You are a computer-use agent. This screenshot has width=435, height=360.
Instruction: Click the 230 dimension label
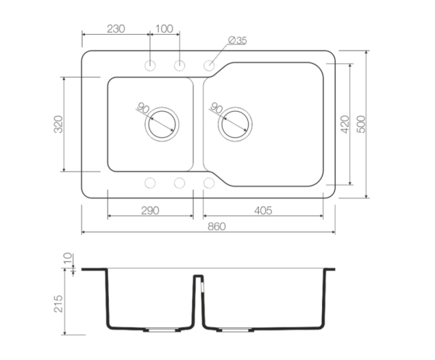tap(116, 28)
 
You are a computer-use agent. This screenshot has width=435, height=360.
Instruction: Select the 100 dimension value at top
tap(165, 28)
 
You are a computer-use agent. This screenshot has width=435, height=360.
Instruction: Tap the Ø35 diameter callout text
tap(237, 40)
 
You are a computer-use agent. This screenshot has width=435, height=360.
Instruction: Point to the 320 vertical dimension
tap(58, 124)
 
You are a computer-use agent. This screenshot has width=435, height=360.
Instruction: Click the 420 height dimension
tap(344, 124)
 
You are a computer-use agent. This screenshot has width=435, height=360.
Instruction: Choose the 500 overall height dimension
tap(361, 124)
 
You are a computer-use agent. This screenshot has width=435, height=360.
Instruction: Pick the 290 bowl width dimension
tap(150, 210)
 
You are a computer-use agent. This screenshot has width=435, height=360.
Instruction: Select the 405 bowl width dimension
tap(263, 210)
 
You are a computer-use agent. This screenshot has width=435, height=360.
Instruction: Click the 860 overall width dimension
tap(217, 226)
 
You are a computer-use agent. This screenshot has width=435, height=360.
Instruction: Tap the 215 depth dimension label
tap(58, 303)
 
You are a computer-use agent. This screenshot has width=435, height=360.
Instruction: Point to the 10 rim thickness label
tap(67, 258)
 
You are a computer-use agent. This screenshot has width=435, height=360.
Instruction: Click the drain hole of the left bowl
tap(162, 124)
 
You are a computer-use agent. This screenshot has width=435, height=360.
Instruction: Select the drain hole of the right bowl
tap(235, 124)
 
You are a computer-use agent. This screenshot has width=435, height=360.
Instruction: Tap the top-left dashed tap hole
tap(150, 65)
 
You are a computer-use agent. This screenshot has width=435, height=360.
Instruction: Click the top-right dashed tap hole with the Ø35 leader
tap(209, 65)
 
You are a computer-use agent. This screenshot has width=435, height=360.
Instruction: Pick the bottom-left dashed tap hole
tap(150, 183)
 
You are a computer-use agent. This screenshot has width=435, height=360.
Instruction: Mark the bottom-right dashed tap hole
tap(209, 183)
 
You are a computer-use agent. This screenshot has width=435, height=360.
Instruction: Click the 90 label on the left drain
tap(143, 107)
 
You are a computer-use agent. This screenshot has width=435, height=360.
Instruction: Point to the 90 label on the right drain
tap(216, 107)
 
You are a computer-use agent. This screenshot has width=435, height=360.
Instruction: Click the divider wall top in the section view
tap(199, 276)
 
